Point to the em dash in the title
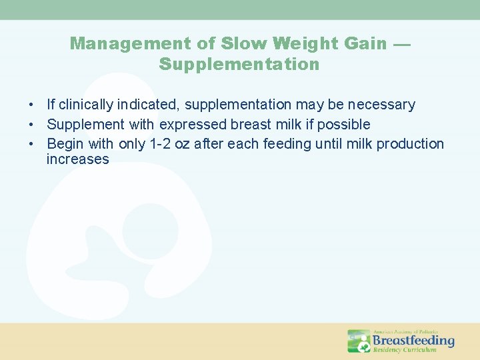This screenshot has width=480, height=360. [402, 45]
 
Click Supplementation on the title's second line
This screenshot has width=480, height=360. [239, 65]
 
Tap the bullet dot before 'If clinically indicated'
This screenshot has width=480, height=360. [31, 105]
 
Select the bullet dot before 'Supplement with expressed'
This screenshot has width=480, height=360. [31, 125]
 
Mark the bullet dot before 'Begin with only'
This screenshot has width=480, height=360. [31, 144]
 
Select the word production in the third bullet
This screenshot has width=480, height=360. [410, 144]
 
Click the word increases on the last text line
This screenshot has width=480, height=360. [77, 160]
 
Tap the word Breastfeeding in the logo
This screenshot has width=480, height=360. [413, 341]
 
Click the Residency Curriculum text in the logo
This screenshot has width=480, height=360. [404, 350]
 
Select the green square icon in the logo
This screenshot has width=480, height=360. [359, 341]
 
